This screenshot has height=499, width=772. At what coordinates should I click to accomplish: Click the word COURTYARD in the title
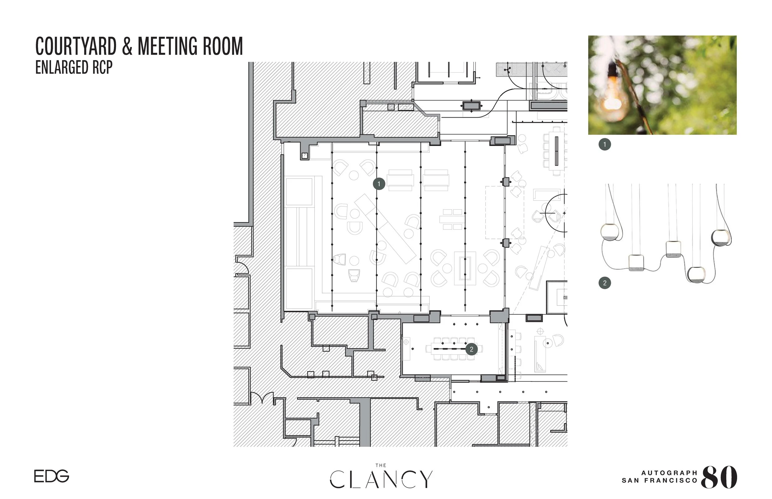pos(76,46)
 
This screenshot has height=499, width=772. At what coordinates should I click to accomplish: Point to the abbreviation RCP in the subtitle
pos(102,67)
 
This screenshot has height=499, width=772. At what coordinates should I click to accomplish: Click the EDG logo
pos(52,476)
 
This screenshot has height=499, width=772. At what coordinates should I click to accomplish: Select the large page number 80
pos(719,477)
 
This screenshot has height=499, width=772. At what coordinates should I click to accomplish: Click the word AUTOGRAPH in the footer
pos(669,473)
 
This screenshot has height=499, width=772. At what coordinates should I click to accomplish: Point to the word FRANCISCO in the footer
pos(671,480)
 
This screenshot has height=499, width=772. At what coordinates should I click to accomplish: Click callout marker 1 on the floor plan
pos(379,184)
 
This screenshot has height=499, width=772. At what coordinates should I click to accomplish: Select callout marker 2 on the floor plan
pos(472,349)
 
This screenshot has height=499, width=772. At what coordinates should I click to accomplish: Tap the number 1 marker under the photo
pos(605,144)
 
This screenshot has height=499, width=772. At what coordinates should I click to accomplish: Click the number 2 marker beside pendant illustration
pos(605,283)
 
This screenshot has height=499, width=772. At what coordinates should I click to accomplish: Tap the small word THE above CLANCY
pos(381,466)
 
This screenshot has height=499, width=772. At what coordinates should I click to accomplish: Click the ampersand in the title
pos(128,46)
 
